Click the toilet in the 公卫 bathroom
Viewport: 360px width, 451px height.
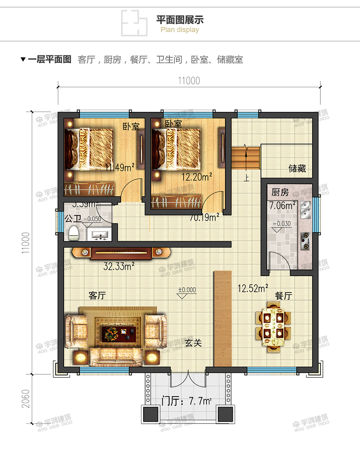pyautogui.click(x=74, y=233)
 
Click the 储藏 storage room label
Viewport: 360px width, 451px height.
pyautogui.click(x=297, y=169)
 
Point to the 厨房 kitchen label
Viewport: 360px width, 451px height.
pyautogui.click(x=280, y=193)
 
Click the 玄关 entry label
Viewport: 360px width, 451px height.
pyautogui.click(x=193, y=343)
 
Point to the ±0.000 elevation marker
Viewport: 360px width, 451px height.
pyautogui.click(x=187, y=290)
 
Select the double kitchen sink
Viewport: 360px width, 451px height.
pyautogui.click(x=305, y=210)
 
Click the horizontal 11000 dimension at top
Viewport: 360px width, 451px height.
pyautogui.click(x=189, y=81)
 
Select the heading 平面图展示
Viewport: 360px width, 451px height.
pyautogui.click(x=180, y=20)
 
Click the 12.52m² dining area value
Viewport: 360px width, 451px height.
pyautogui.click(x=253, y=289)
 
